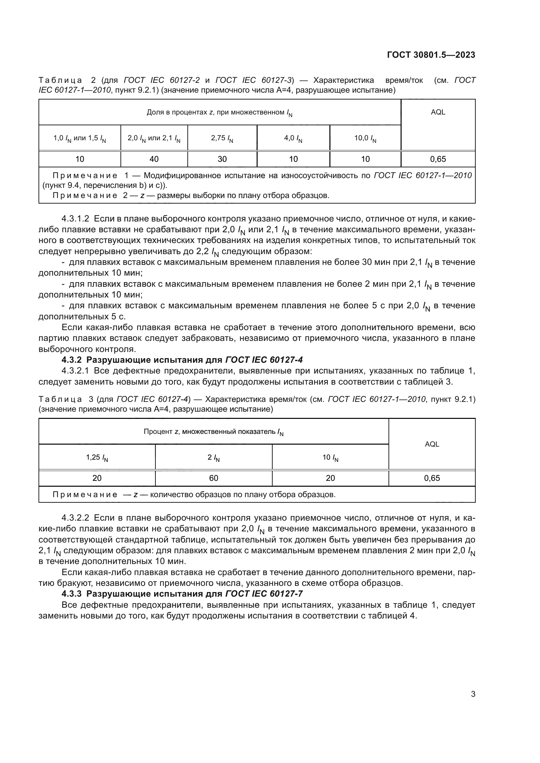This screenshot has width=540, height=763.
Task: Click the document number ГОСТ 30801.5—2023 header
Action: point(431,55)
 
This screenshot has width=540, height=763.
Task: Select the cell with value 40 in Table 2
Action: point(154,159)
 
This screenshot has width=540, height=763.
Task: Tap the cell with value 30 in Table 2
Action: point(222,159)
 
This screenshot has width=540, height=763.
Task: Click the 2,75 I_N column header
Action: point(222,138)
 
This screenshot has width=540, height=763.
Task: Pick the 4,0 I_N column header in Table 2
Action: point(293,138)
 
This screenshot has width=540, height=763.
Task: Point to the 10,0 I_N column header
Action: point(365,138)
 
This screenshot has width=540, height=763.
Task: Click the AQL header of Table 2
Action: point(438,112)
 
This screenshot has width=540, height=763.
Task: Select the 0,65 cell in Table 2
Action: point(438,159)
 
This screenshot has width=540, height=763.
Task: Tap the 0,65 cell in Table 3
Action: point(432,478)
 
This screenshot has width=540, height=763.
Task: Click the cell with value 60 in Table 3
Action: point(214,478)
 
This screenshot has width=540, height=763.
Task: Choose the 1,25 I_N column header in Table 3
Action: point(97,458)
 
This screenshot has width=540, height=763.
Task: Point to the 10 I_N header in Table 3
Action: point(330,458)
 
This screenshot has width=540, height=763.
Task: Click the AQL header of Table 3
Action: point(432,444)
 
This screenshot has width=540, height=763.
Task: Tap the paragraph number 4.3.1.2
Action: point(75,219)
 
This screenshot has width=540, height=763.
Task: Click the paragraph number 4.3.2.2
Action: point(75,518)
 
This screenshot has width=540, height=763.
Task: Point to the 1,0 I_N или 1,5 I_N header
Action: point(80,138)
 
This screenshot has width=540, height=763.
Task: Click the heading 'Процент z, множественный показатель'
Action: point(214,432)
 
